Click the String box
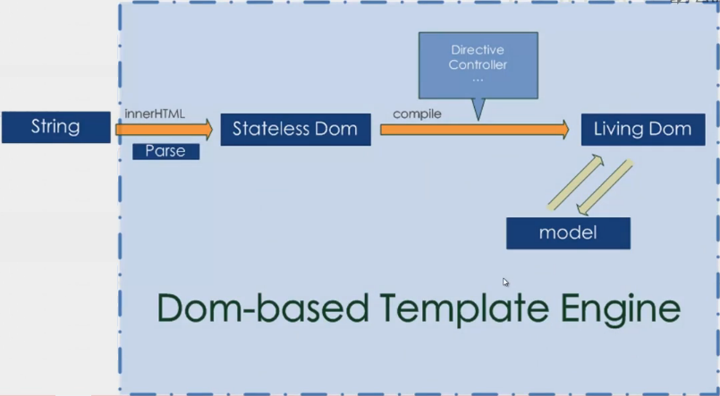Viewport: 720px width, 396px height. pos(55,127)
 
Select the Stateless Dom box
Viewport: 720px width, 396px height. pos(295,129)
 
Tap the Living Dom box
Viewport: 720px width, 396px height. pos(642,129)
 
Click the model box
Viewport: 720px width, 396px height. pos(568,233)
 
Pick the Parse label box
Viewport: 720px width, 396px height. pos(165,151)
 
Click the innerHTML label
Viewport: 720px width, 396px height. pos(155,114)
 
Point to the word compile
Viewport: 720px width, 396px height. pos(417,114)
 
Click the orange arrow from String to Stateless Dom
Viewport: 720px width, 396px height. pos(164,131)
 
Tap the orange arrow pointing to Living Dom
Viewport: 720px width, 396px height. pos(474,130)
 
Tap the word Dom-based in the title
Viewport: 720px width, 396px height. pos(263,308)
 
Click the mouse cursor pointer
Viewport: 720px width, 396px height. pos(505,282)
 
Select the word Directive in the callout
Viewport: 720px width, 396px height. pos(479,50)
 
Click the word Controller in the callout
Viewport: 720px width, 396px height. pos(479,64)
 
